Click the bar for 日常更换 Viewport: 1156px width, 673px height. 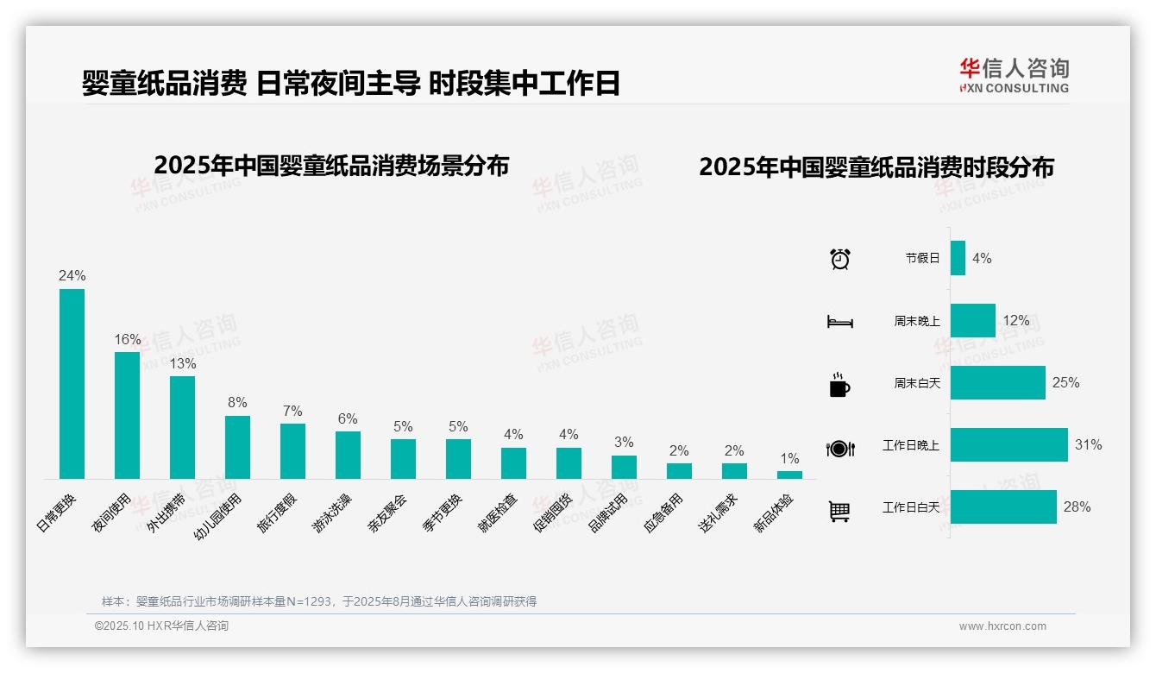tap(72, 384)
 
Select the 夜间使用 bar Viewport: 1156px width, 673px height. tap(127, 415)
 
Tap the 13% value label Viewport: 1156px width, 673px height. tap(182, 363)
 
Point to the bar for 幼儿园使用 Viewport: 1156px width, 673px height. tap(237, 447)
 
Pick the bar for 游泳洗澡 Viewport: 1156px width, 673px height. tap(348, 455)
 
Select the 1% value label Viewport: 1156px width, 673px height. tap(789, 458)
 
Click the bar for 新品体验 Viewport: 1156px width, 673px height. tap(789, 475)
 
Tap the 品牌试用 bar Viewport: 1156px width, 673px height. tap(624, 467)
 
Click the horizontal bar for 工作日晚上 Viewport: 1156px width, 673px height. tap(1008, 445)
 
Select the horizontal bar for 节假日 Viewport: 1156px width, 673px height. tap(958, 258)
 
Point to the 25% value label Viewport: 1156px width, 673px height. tap(1065, 382)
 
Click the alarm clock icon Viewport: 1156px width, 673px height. tap(840, 258)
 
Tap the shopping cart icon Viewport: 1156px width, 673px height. tap(839, 512)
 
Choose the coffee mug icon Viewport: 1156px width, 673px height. tap(839, 385)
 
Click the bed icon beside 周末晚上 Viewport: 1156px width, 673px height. tap(839, 322)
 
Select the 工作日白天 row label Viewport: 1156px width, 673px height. tap(910, 507)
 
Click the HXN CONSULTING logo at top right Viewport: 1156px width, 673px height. tap(1014, 75)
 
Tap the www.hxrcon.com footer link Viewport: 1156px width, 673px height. tap(1002, 626)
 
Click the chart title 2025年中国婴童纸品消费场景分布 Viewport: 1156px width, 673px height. tap(331, 166)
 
